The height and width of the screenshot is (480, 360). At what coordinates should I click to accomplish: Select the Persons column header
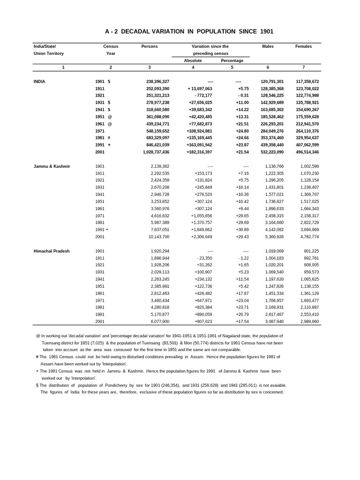150,46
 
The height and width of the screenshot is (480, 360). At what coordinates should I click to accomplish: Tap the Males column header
268,46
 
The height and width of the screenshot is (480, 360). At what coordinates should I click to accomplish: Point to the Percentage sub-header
232,60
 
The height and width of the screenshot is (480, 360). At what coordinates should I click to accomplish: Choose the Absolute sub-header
193,60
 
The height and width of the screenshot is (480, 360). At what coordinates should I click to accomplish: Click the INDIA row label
40,81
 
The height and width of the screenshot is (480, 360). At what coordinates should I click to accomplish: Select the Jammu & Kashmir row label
52,166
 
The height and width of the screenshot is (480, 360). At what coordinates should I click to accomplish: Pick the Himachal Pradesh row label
52,251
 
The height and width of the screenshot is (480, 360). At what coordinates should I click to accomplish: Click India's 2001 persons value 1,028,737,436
152,152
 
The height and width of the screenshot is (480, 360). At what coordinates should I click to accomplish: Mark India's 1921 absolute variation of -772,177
201,96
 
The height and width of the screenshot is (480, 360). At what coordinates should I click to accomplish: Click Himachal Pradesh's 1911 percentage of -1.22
243,258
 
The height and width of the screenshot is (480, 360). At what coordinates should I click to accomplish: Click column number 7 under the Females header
303,67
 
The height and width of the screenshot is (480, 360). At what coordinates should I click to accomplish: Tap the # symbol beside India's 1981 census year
109,138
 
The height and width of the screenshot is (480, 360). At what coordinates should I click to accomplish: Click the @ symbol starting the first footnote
37,336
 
